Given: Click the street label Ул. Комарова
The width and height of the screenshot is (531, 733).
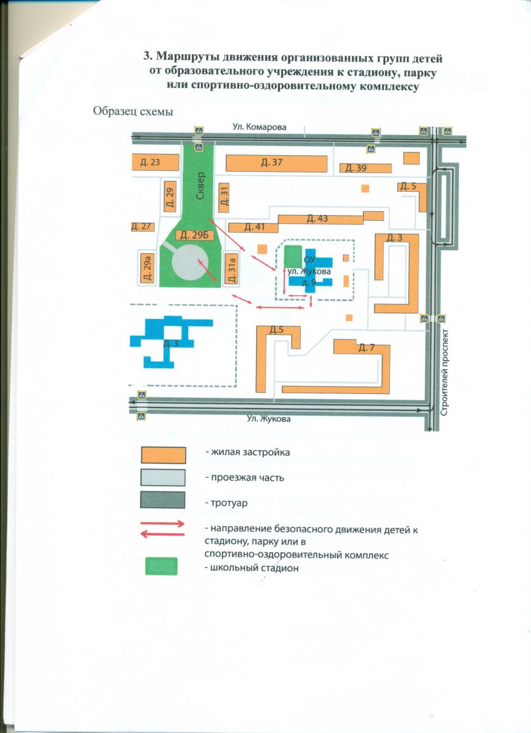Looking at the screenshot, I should [259, 126].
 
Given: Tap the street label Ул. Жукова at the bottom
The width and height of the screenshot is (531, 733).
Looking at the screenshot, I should [269, 419].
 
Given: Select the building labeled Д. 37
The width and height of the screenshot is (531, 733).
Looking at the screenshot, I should [272, 162].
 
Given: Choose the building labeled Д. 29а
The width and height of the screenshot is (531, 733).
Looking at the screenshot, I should [147, 268].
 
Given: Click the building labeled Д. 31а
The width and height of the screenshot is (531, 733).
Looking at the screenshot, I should [231, 268].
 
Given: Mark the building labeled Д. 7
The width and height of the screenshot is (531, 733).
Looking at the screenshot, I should [365, 348].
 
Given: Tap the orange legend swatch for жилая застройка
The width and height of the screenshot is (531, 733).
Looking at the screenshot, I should [163, 456].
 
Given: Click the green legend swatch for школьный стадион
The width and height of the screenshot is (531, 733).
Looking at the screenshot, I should [161, 566].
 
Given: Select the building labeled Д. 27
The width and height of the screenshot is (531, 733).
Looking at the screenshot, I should [141, 227].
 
